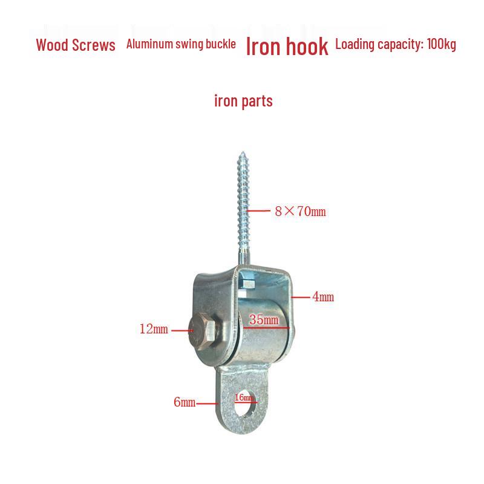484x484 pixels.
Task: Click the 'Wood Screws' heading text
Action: tap(76, 45)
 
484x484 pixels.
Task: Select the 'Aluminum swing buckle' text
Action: tap(181, 44)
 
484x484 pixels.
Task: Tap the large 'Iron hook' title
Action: tap(287, 47)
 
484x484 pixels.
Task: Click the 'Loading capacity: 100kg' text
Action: tap(396, 44)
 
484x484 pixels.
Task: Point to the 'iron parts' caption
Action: tap(243, 101)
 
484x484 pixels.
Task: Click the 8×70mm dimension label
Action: tap(300, 211)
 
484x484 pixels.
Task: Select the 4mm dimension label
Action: tap(323, 296)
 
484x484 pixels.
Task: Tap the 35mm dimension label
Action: tap(264, 319)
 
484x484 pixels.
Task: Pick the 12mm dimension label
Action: tap(154, 329)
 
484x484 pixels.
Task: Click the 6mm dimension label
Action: tap(185, 402)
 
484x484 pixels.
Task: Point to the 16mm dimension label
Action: tap(244, 397)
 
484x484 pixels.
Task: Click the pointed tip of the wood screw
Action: tap(243, 152)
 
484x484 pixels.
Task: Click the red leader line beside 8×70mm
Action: tap(258, 211)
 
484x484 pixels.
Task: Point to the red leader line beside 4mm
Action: tap(300, 298)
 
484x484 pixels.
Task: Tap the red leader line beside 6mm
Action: tap(208, 404)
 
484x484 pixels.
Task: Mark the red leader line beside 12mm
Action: tap(182, 330)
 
